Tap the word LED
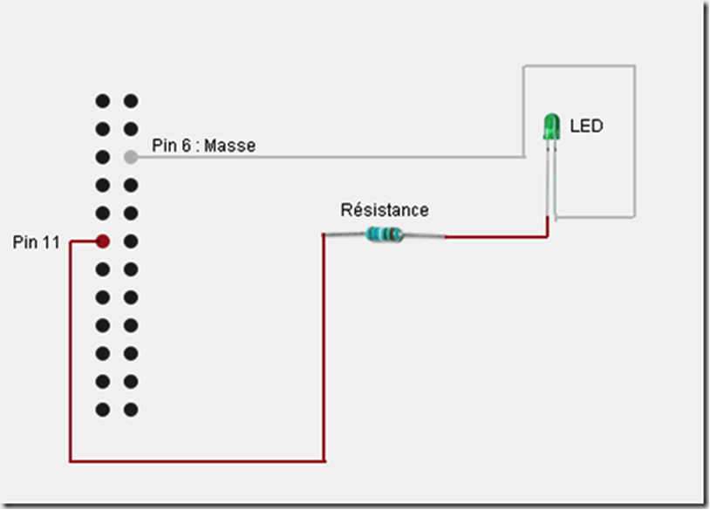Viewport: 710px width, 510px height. coord(586,126)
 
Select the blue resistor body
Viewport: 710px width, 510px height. coord(385,234)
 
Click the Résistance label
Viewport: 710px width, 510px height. coord(385,210)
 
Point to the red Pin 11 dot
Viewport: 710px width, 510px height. coord(102,241)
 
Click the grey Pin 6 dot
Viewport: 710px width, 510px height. coord(131,157)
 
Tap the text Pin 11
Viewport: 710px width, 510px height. coord(37,242)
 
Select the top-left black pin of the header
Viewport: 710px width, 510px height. coord(102,101)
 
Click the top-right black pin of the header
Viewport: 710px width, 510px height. coord(131,101)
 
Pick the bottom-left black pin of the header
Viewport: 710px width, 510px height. coord(102,408)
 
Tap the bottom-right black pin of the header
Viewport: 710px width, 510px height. coord(131,408)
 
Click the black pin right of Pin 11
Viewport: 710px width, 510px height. coord(131,241)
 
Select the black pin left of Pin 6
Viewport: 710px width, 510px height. coord(102,157)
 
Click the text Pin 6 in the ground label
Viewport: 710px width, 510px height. coord(171,146)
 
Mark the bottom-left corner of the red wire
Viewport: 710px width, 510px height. coord(70,460)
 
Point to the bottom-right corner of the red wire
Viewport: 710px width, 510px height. coord(324,460)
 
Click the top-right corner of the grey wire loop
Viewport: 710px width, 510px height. coord(634,65)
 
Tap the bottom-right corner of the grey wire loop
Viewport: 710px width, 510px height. coord(634,216)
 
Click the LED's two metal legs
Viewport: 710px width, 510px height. coord(551,174)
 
